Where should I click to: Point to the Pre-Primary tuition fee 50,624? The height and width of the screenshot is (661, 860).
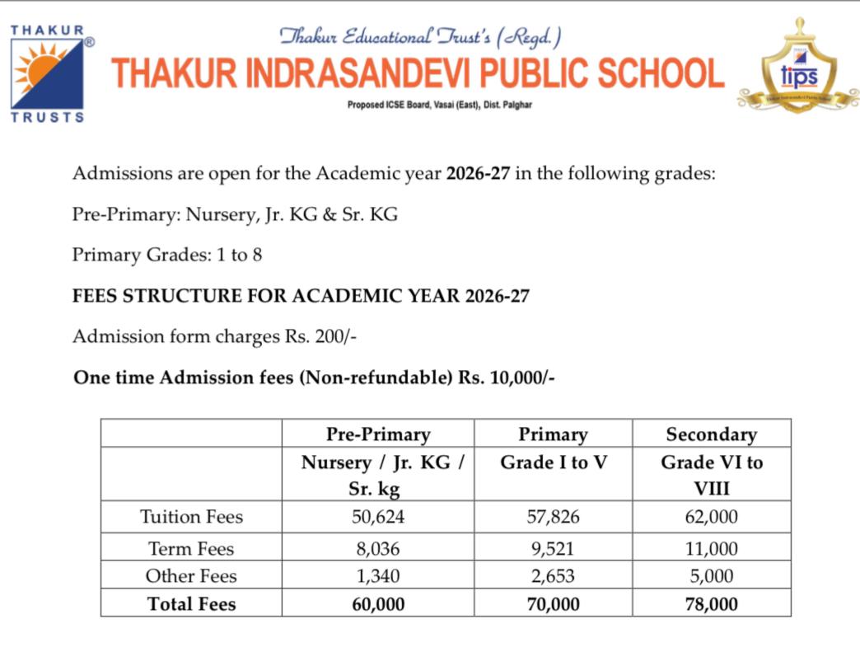click(x=377, y=518)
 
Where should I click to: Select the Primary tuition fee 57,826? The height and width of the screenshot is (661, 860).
click(x=553, y=518)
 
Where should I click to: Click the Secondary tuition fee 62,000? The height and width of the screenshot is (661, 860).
click(x=711, y=518)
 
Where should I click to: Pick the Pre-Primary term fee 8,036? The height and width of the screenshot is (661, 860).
click(x=377, y=549)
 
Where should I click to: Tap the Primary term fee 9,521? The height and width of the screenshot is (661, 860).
click(x=553, y=549)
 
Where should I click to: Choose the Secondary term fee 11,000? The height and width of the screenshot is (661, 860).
click(x=711, y=549)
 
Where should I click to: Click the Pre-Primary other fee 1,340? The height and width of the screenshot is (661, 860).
click(x=377, y=576)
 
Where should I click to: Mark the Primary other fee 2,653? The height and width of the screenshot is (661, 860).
click(x=553, y=576)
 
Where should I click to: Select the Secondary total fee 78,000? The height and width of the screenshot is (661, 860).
click(x=711, y=604)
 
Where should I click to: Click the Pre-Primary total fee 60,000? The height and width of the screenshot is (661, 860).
click(x=377, y=604)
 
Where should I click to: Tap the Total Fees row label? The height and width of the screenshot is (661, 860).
click(x=191, y=604)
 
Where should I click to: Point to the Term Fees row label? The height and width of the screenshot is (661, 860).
click(x=191, y=549)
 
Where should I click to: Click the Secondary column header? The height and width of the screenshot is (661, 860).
click(x=711, y=434)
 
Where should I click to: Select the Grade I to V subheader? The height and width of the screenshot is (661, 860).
click(x=553, y=462)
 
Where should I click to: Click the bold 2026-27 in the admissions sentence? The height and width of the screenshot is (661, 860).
click(x=479, y=175)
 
